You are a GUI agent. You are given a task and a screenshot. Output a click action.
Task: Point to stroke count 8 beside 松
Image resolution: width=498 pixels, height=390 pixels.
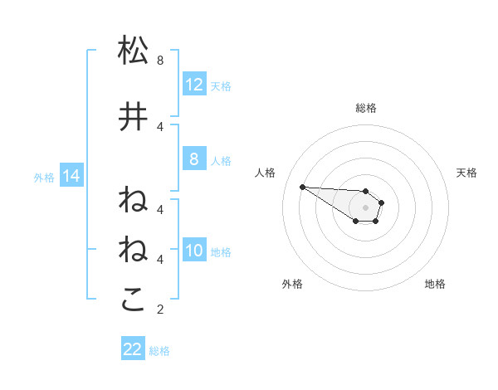coord(160,61)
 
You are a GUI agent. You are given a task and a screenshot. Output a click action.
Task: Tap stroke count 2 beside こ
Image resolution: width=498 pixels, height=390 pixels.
coord(160,310)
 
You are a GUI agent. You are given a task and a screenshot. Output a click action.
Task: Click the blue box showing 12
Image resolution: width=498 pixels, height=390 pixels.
coord(193,85)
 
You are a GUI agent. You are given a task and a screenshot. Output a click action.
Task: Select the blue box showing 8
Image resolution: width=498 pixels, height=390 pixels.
coord(193,160)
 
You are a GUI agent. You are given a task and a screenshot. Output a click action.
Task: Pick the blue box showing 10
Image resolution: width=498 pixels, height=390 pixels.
coord(193,251)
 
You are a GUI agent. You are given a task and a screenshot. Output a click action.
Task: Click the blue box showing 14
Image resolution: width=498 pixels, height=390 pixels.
coord(71,176)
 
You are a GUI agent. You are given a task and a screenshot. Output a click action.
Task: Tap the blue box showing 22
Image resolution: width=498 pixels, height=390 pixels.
coord(133,349)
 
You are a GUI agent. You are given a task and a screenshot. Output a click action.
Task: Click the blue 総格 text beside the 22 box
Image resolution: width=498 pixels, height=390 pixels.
coord(159,351)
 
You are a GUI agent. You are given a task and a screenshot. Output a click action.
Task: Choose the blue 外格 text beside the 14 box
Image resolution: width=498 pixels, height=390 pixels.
coord(44,177)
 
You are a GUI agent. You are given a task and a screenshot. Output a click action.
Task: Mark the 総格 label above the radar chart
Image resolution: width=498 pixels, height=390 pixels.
coord(365,108)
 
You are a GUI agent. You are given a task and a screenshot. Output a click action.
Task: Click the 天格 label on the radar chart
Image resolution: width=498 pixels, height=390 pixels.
coord(466,173)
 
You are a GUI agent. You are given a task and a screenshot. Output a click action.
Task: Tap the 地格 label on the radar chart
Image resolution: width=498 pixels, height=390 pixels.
coord(435,284)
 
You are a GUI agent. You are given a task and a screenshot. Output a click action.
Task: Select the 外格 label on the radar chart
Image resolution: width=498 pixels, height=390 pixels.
coord(292,284)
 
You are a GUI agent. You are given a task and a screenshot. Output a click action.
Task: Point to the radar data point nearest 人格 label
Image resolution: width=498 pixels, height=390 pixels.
coord(302,187)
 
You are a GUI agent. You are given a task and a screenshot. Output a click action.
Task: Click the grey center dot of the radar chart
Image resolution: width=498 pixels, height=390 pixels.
coord(365,207)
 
